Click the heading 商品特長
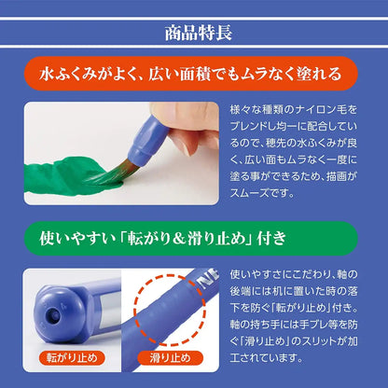tap(199, 33)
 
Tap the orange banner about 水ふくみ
tap(191, 74)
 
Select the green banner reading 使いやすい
tap(191, 239)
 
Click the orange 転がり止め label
tap(72, 358)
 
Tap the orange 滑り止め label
tap(170, 358)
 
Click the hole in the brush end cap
tap(53, 316)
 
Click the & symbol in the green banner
tap(179, 239)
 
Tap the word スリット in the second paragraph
tap(319, 341)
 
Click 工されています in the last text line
tap(266, 358)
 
